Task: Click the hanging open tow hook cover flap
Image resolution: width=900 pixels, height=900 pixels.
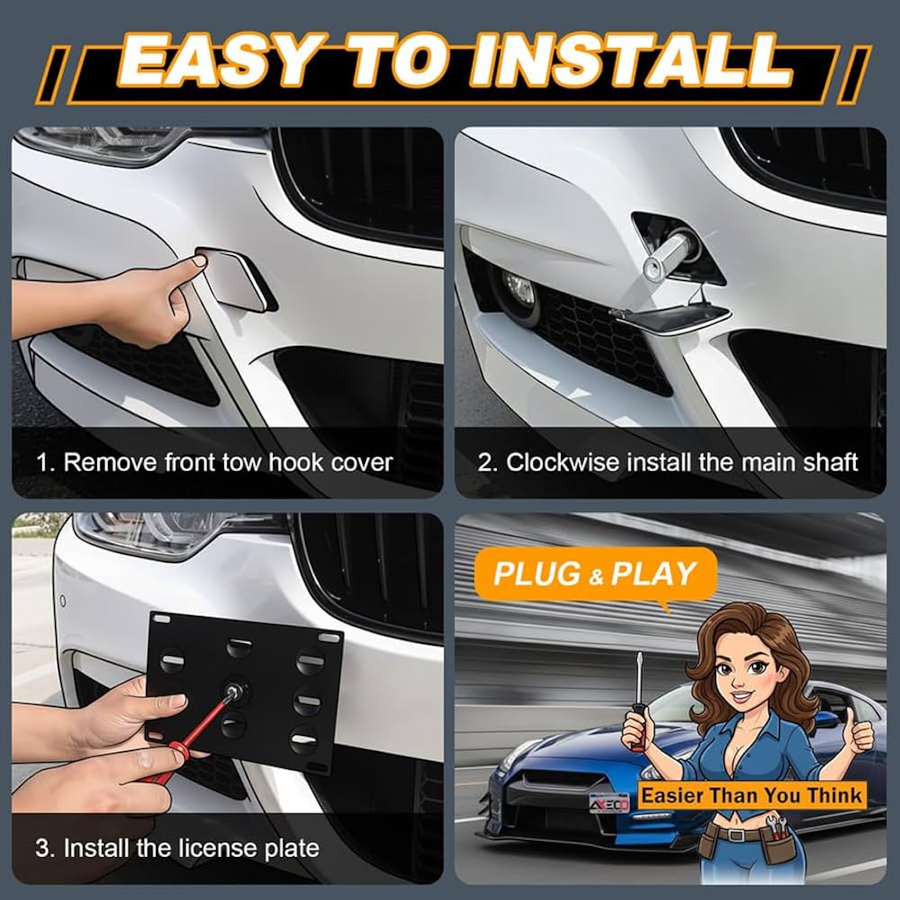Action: [670, 317]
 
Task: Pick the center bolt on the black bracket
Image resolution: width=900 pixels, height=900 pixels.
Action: [235, 691]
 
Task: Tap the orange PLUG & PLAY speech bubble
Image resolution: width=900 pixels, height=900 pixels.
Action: [595, 574]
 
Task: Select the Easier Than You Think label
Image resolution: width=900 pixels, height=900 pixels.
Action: [751, 796]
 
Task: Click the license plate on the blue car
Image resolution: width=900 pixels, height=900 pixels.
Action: [609, 804]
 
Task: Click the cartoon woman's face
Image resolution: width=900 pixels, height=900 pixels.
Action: [742, 671]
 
